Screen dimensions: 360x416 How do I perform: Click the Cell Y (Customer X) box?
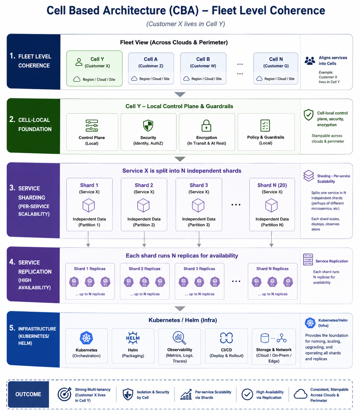point(94,69)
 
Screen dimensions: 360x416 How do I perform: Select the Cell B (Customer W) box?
point(203,69)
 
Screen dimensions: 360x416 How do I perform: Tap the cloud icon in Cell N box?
point(259,78)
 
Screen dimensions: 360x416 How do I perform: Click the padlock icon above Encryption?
point(206,126)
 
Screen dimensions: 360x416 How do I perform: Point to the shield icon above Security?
point(148,126)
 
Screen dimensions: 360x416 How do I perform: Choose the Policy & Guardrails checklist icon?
point(265,125)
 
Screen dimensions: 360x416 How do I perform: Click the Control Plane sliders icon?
point(92,126)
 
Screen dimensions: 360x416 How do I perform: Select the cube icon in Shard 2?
point(143,205)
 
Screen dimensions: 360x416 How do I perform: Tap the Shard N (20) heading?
point(272,185)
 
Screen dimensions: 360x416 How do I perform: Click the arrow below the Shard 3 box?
point(199,239)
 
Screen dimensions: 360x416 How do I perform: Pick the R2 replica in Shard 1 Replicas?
point(90,282)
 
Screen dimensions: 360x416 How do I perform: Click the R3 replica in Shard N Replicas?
point(288,282)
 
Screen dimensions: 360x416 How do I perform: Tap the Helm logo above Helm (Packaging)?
point(133,338)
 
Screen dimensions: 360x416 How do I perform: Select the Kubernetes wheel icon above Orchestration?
point(86,338)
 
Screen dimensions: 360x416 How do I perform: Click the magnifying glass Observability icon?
point(179,338)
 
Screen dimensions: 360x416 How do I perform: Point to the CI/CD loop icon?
point(226,338)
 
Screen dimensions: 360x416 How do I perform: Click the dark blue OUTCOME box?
point(28,394)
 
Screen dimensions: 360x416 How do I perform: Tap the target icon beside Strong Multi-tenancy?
point(64,394)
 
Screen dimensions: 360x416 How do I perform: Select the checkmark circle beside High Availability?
point(247,394)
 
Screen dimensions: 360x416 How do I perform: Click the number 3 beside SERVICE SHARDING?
point(12,187)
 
